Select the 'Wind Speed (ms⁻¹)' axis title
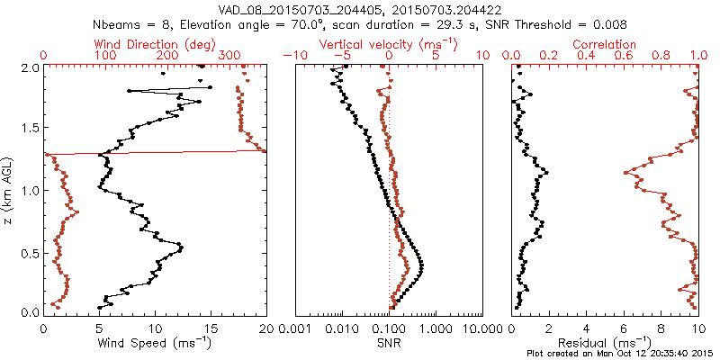[x=156, y=342]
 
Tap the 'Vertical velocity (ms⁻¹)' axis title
[x=388, y=44]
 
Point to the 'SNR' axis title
[x=389, y=342]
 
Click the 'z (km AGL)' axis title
[x=10, y=189]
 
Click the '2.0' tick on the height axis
[x=30, y=67]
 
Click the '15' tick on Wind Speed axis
[x=211, y=328]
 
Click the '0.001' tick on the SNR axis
[x=295, y=328]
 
